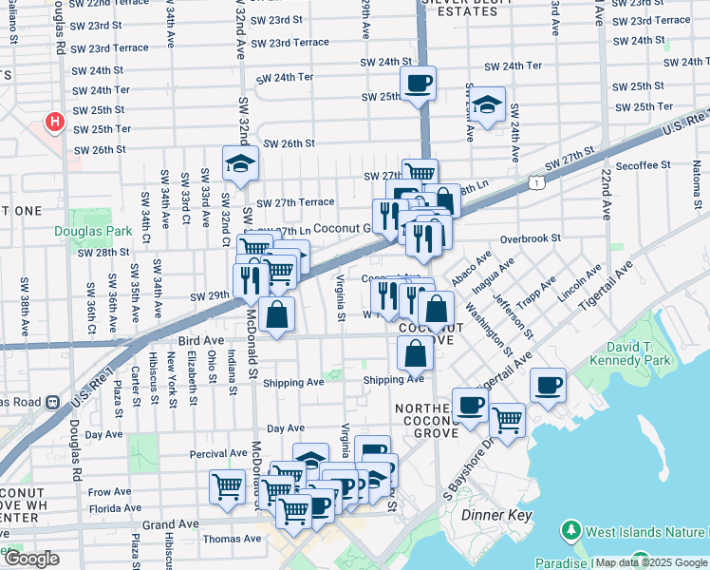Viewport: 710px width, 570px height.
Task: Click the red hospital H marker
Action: [x=55, y=123]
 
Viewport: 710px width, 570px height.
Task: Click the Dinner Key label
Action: [x=493, y=514]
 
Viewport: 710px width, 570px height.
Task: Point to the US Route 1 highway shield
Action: [x=538, y=181]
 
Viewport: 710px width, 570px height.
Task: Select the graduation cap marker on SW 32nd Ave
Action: [x=240, y=164]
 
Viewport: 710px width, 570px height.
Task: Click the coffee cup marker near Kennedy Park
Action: [x=548, y=385]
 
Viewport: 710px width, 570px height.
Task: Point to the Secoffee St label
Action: [x=642, y=165]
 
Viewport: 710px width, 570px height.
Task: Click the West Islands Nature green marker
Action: [x=571, y=528]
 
